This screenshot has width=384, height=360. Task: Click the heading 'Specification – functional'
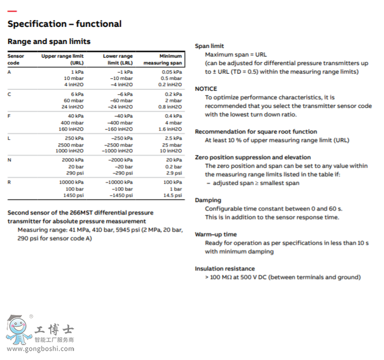[64, 24]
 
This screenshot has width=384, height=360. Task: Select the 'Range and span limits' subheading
[48, 42]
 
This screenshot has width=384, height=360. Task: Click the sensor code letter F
[9, 116]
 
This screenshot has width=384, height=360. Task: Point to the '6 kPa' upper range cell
[77, 94]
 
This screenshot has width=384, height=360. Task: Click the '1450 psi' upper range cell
[74, 195]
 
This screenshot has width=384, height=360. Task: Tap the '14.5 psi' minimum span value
[172, 195]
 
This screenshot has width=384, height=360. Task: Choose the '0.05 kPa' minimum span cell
[172, 72]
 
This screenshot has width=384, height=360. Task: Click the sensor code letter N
[9, 160]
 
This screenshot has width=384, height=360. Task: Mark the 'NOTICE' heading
[206, 89]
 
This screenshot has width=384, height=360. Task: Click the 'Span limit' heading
[209, 46]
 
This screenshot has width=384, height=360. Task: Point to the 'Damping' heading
[207, 200]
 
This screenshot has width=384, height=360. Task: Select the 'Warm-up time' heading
[216, 234]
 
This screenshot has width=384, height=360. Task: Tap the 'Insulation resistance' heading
[225, 269]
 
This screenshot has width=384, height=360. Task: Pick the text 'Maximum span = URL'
[236, 55]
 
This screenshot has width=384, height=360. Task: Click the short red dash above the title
[12, 11]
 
